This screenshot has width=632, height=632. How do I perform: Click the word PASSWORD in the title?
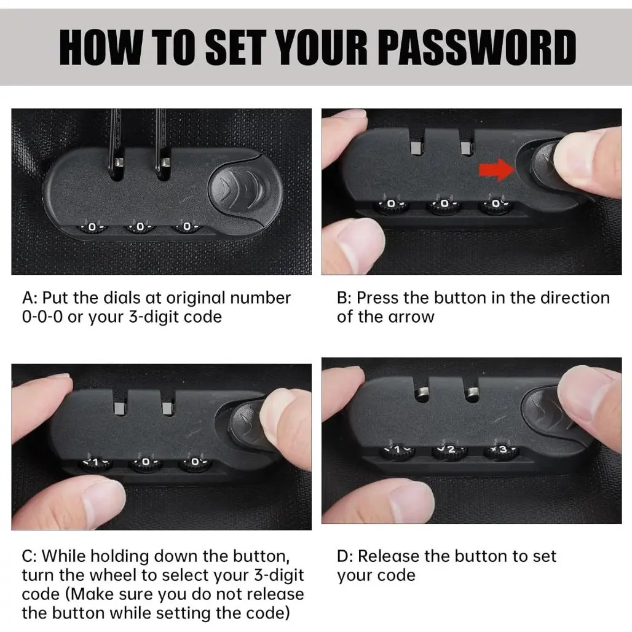click(x=478, y=47)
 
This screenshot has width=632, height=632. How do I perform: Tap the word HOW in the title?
click(x=101, y=47)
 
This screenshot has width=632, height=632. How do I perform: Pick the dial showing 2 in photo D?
click(x=450, y=450)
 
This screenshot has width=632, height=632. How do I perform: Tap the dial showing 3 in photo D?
click(x=502, y=450)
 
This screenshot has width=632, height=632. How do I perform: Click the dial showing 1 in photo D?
click(x=398, y=451)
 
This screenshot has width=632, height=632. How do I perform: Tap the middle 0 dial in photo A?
click(x=140, y=227)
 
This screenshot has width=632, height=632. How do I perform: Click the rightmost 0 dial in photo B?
click(x=496, y=205)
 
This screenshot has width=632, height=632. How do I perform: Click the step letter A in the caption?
click(x=28, y=298)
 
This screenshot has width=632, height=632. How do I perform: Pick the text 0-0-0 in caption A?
click(x=42, y=317)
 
